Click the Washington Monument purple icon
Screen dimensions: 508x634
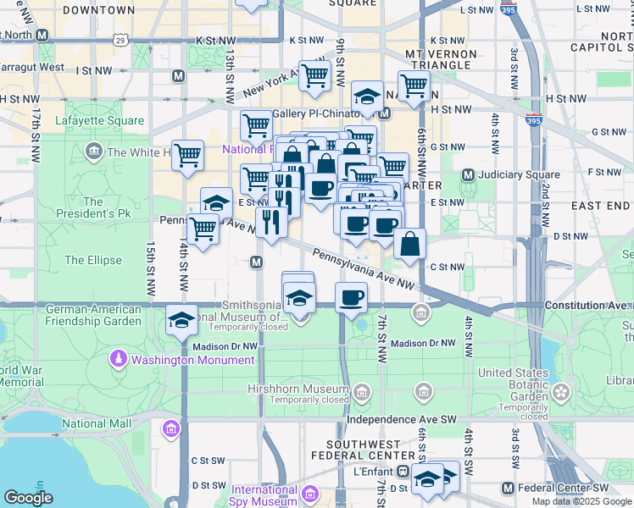coord(120,360)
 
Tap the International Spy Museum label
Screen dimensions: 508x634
coord(264,494)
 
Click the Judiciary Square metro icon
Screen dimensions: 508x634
coord(467,174)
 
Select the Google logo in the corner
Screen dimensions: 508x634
coord(28,498)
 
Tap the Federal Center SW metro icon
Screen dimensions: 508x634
coord(508,488)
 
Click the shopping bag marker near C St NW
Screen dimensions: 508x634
coord(409,244)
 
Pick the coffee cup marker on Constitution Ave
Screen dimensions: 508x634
coord(351,297)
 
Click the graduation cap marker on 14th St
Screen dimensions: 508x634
coord(182,320)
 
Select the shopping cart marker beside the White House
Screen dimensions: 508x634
coord(187,156)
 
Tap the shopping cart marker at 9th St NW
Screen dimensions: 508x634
coord(314,75)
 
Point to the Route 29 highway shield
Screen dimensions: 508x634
coord(121,40)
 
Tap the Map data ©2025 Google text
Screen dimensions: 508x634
coord(581,501)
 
